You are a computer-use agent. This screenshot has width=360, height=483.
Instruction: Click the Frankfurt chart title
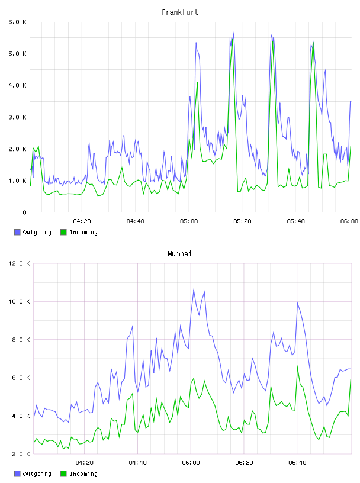pyautogui.click(x=180, y=12)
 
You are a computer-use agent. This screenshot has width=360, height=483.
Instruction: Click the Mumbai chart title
pyautogui.click(x=179, y=254)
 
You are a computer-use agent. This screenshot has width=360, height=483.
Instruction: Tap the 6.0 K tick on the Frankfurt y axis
pyautogui.click(x=18, y=22)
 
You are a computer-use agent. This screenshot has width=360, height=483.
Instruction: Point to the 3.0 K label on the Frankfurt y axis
pyautogui.click(x=18, y=117)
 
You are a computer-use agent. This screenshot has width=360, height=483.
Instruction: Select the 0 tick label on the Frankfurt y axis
pyautogui.click(x=24, y=212)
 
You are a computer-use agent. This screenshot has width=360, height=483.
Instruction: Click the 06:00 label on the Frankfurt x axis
pyautogui.click(x=349, y=221)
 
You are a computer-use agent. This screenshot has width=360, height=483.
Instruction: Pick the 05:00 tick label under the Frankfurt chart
pyautogui.click(x=189, y=221)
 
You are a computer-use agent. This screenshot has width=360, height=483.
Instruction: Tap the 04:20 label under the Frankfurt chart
pyautogui.click(x=82, y=221)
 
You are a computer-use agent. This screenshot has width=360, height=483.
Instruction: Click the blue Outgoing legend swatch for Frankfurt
pyautogui.click(x=17, y=232)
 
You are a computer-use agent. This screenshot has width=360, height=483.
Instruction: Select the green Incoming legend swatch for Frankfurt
pyautogui.click(x=63, y=232)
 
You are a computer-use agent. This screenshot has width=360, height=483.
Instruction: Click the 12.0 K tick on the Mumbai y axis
pyautogui.click(x=19, y=263)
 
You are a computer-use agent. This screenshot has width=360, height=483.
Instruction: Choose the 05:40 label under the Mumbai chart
pyautogui.click(x=297, y=462)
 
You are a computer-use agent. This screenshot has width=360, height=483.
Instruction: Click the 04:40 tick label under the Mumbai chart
pyautogui.click(x=137, y=462)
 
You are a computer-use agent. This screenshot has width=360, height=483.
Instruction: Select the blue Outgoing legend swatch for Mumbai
pyautogui.click(x=17, y=474)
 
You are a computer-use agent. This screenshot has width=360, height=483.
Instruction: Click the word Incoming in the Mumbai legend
pyautogui.click(x=83, y=474)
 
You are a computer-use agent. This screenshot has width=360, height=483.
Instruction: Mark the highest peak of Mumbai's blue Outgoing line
pyautogui.click(x=194, y=289)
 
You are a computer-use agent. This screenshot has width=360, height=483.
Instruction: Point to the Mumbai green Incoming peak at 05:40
pyautogui.click(x=297, y=366)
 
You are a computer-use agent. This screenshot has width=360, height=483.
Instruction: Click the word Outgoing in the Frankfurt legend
pyautogui.click(x=37, y=233)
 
